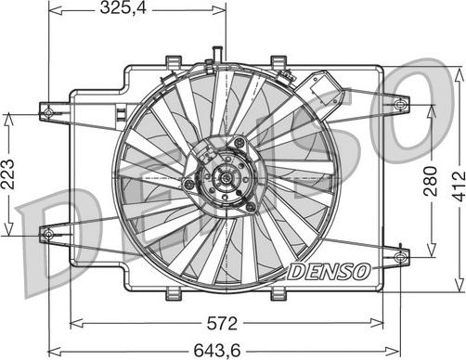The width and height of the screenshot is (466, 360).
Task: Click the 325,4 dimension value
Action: tap(123, 8)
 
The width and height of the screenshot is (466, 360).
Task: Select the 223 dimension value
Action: tap(7, 174)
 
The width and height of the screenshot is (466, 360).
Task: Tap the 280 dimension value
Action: tap(431, 181)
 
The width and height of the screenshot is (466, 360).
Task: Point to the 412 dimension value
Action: tap(459, 186)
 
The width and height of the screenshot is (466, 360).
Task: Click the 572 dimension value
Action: tap(222, 324)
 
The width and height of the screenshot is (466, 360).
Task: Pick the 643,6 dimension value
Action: tap(217, 351)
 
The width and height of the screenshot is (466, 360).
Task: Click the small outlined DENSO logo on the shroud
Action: tap(330, 272)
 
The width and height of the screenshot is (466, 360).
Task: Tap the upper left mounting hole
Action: tap(48, 112)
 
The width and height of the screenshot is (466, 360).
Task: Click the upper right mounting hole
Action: tap(400, 105)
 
